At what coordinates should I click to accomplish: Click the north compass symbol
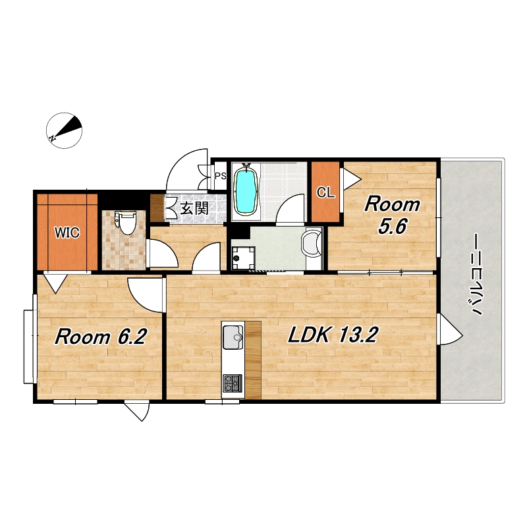pyautogui.click(x=64, y=130)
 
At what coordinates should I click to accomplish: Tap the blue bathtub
pyautogui.click(x=246, y=191)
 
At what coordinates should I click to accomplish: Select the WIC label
pyautogui.click(x=67, y=233)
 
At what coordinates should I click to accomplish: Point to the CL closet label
pyautogui.click(x=325, y=192)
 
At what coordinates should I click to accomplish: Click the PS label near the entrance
pyautogui.click(x=221, y=176)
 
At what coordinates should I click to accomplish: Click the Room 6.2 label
pyautogui.click(x=100, y=337)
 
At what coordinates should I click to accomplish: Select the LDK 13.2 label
pyautogui.click(x=333, y=335)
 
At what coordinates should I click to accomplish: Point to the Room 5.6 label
pyautogui.click(x=392, y=215)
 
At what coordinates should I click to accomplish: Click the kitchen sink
pyautogui.click(x=233, y=337)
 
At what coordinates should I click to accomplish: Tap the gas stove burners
pyautogui.click(x=233, y=383)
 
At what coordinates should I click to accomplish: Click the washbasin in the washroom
pyautogui.click(x=312, y=243)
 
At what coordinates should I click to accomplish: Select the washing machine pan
pyautogui.click(x=243, y=258)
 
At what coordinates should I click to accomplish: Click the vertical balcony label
pyautogui.click(x=474, y=275)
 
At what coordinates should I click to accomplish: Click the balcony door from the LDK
pyautogui.click(x=451, y=329)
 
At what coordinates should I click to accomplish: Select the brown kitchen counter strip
pyautogui.click(x=253, y=360)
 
